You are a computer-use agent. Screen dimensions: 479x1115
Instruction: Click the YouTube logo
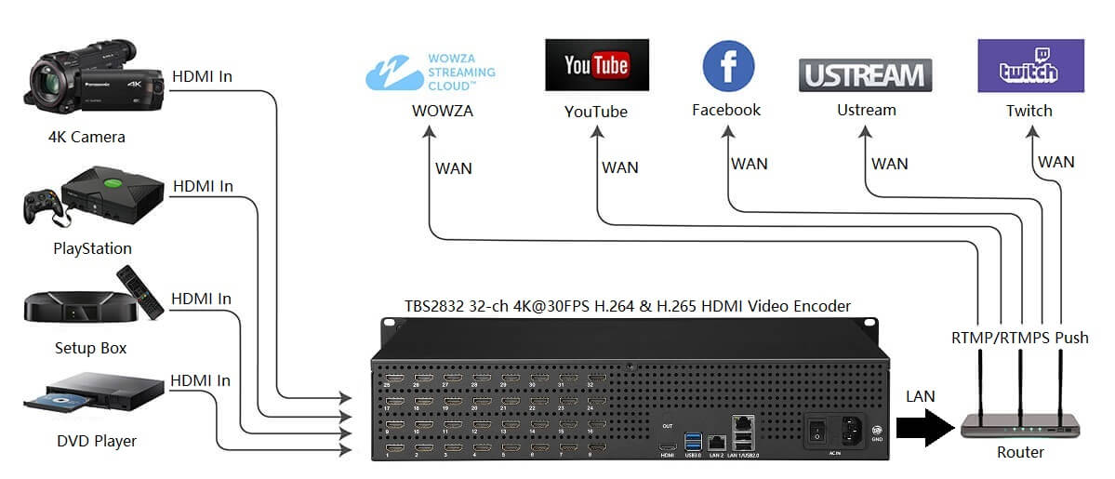pyautogui.click(x=596, y=65)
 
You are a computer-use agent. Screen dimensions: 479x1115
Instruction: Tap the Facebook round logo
pyautogui.click(x=727, y=66)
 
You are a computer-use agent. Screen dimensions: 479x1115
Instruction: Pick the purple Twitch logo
pyautogui.click(x=1029, y=66)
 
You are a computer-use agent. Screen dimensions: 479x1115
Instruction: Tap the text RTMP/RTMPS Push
pyautogui.click(x=1019, y=337)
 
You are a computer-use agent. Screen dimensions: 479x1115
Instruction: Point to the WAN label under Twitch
pyautogui.click(x=1056, y=162)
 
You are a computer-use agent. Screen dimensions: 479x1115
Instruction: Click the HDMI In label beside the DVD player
pyautogui.click(x=200, y=380)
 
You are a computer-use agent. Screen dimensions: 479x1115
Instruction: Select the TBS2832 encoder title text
pyautogui.click(x=627, y=305)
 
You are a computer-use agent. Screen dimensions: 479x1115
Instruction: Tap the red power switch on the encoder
pyautogui.click(x=816, y=431)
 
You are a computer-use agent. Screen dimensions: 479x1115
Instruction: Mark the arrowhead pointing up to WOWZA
pyautogui.click(x=429, y=131)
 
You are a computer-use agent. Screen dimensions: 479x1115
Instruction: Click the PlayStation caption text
pyautogui.click(x=92, y=248)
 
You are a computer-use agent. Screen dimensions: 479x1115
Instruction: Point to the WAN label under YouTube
pyautogui.click(x=619, y=167)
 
